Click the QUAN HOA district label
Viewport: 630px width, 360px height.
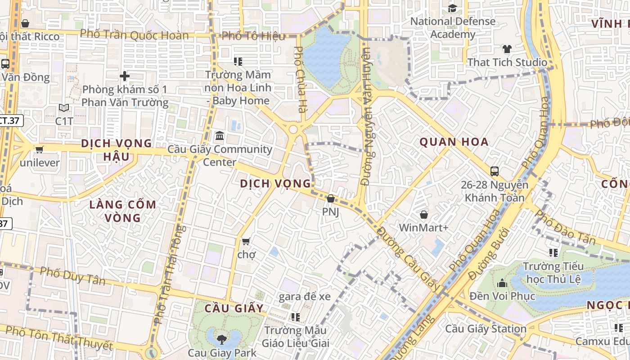454,142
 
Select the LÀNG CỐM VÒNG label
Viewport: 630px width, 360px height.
123,211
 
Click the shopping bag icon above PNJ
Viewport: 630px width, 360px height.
331,198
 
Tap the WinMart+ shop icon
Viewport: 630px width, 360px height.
423,215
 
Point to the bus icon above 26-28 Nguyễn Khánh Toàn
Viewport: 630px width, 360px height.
495,171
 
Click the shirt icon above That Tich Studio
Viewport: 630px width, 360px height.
507,49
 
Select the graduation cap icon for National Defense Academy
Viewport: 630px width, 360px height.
452,8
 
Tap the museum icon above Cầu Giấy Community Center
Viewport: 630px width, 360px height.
220,135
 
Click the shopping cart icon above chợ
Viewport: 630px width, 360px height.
246,242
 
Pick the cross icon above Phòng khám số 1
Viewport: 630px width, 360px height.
125,76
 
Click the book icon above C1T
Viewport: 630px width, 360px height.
64,108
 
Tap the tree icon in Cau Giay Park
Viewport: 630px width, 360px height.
221,339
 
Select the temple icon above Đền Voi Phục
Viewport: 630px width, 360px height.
502,283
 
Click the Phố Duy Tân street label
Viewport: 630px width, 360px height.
72,275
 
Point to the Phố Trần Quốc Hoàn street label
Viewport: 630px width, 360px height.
134,35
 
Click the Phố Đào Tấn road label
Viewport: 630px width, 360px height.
566,228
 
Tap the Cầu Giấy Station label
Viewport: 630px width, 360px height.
486,329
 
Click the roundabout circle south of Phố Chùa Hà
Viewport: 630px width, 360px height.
293,130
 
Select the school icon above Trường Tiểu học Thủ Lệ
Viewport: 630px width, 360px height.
553,253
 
